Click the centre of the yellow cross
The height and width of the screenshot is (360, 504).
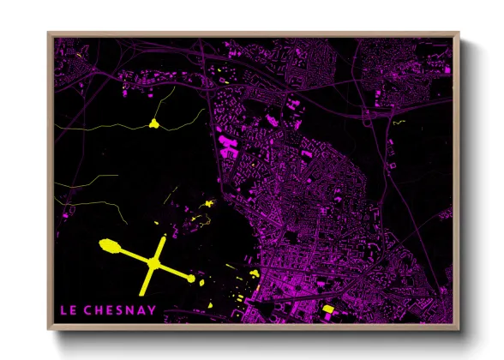pos(153,263)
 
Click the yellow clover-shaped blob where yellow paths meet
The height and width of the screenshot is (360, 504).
pos(154,124)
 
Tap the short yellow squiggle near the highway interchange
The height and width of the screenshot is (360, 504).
pos(398,123)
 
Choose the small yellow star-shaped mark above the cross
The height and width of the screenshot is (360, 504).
pos(208,204)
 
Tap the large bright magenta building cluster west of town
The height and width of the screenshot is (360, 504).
pos(228,143)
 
